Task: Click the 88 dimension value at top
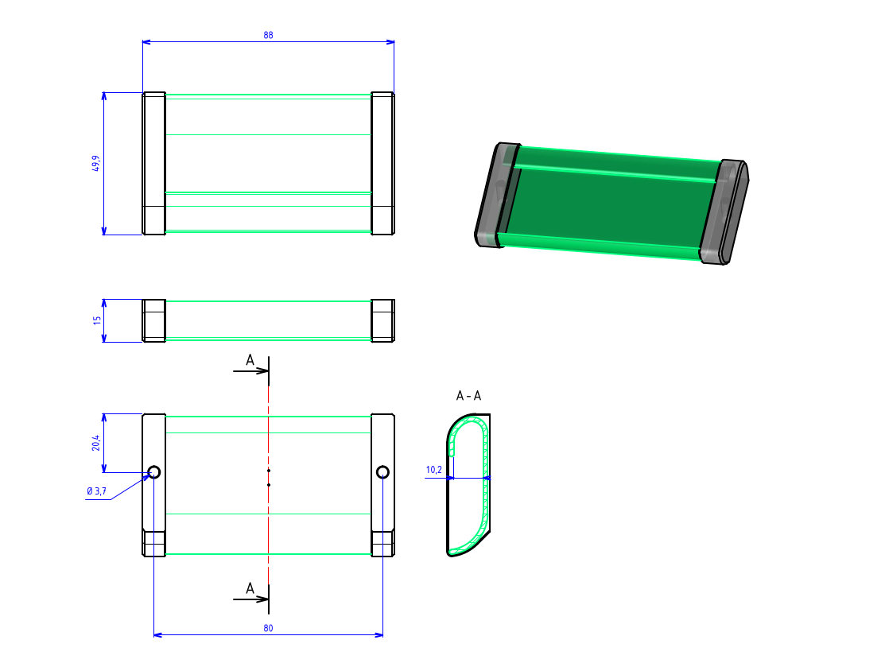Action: coord(268,35)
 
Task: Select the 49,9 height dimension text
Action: coord(96,163)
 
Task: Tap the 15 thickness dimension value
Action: coord(96,320)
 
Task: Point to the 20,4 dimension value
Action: coord(96,443)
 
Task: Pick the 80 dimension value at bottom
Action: coord(268,628)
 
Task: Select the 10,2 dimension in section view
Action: coord(433,470)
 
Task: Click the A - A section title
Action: coord(468,395)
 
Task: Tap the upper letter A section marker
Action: coord(250,361)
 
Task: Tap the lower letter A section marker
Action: coord(250,588)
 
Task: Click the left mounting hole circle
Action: coord(153,472)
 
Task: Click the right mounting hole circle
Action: coord(383,472)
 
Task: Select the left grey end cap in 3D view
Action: coord(495,195)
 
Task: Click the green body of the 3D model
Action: coord(608,199)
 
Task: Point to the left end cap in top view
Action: coord(153,163)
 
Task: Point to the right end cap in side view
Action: coord(382,320)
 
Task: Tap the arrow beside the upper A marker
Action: coord(251,371)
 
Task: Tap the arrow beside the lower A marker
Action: coord(251,599)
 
